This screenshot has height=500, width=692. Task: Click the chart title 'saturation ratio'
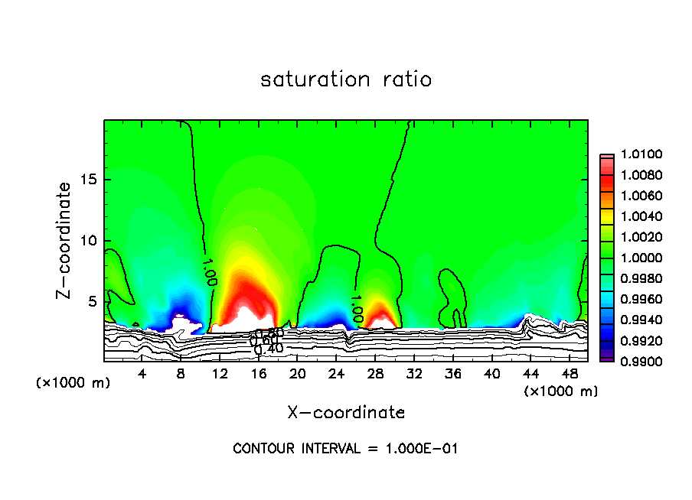pyautogui.click(x=346, y=80)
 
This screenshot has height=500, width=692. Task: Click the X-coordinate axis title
pyautogui.click(x=346, y=413)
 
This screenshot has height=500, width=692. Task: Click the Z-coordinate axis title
pyautogui.click(x=67, y=240)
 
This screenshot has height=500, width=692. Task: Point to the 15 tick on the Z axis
pyautogui.click(x=90, y=180)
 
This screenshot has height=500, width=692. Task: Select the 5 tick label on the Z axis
pyautogui.click(x=93, y=302)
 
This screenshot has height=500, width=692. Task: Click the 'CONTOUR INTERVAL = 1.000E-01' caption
pyautogui.click(x=346, y=449)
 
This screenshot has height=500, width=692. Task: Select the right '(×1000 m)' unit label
pyautogui.click(x=561, y=391)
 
